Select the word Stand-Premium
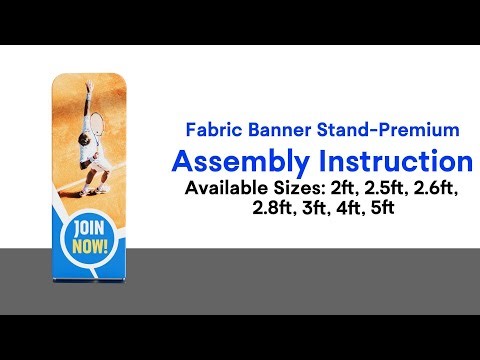click(x=396, y=130)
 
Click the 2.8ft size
click(x=274, y=210)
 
